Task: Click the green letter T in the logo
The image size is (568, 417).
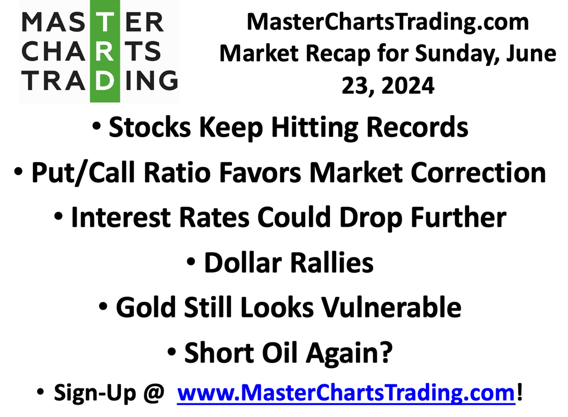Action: [105, 22]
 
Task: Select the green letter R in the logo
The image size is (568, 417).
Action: [105, 51]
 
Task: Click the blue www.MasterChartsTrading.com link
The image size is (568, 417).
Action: [346, 393]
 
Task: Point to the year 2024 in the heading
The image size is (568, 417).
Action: [408, 86]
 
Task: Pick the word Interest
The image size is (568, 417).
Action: [121, 217]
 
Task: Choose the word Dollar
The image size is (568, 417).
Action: [243, 262]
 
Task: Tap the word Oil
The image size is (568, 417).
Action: [279, 352]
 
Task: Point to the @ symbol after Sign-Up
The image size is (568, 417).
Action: [154, 393]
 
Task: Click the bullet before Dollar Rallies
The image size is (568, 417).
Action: [191, 261]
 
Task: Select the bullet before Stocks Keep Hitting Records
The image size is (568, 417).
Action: [96, 126]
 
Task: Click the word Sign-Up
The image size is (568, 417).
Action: [95, 393]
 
